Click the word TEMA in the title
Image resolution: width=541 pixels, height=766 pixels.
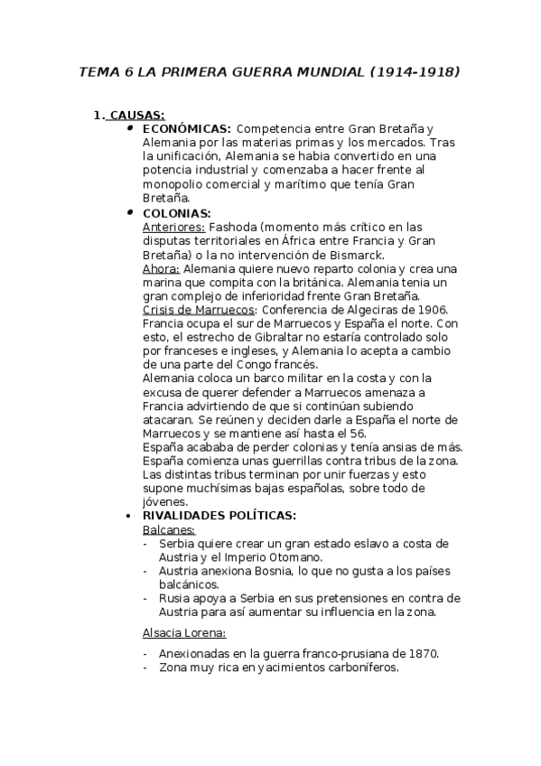click(100, 70)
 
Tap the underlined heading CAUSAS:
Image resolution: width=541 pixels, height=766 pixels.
click(135, 115)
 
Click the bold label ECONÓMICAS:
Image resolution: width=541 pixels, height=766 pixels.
click(187, 128)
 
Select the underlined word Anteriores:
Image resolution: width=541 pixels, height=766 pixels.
click(173, 227)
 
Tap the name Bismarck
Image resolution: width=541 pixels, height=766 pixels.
click(357, 255)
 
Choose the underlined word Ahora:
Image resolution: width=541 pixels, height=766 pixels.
click(162, 268)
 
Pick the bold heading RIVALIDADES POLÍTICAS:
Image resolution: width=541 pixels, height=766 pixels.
click(219, 515)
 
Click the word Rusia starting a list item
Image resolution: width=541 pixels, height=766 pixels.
click(175, 598)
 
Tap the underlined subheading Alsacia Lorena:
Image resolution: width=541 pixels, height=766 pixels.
click(184, 632)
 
